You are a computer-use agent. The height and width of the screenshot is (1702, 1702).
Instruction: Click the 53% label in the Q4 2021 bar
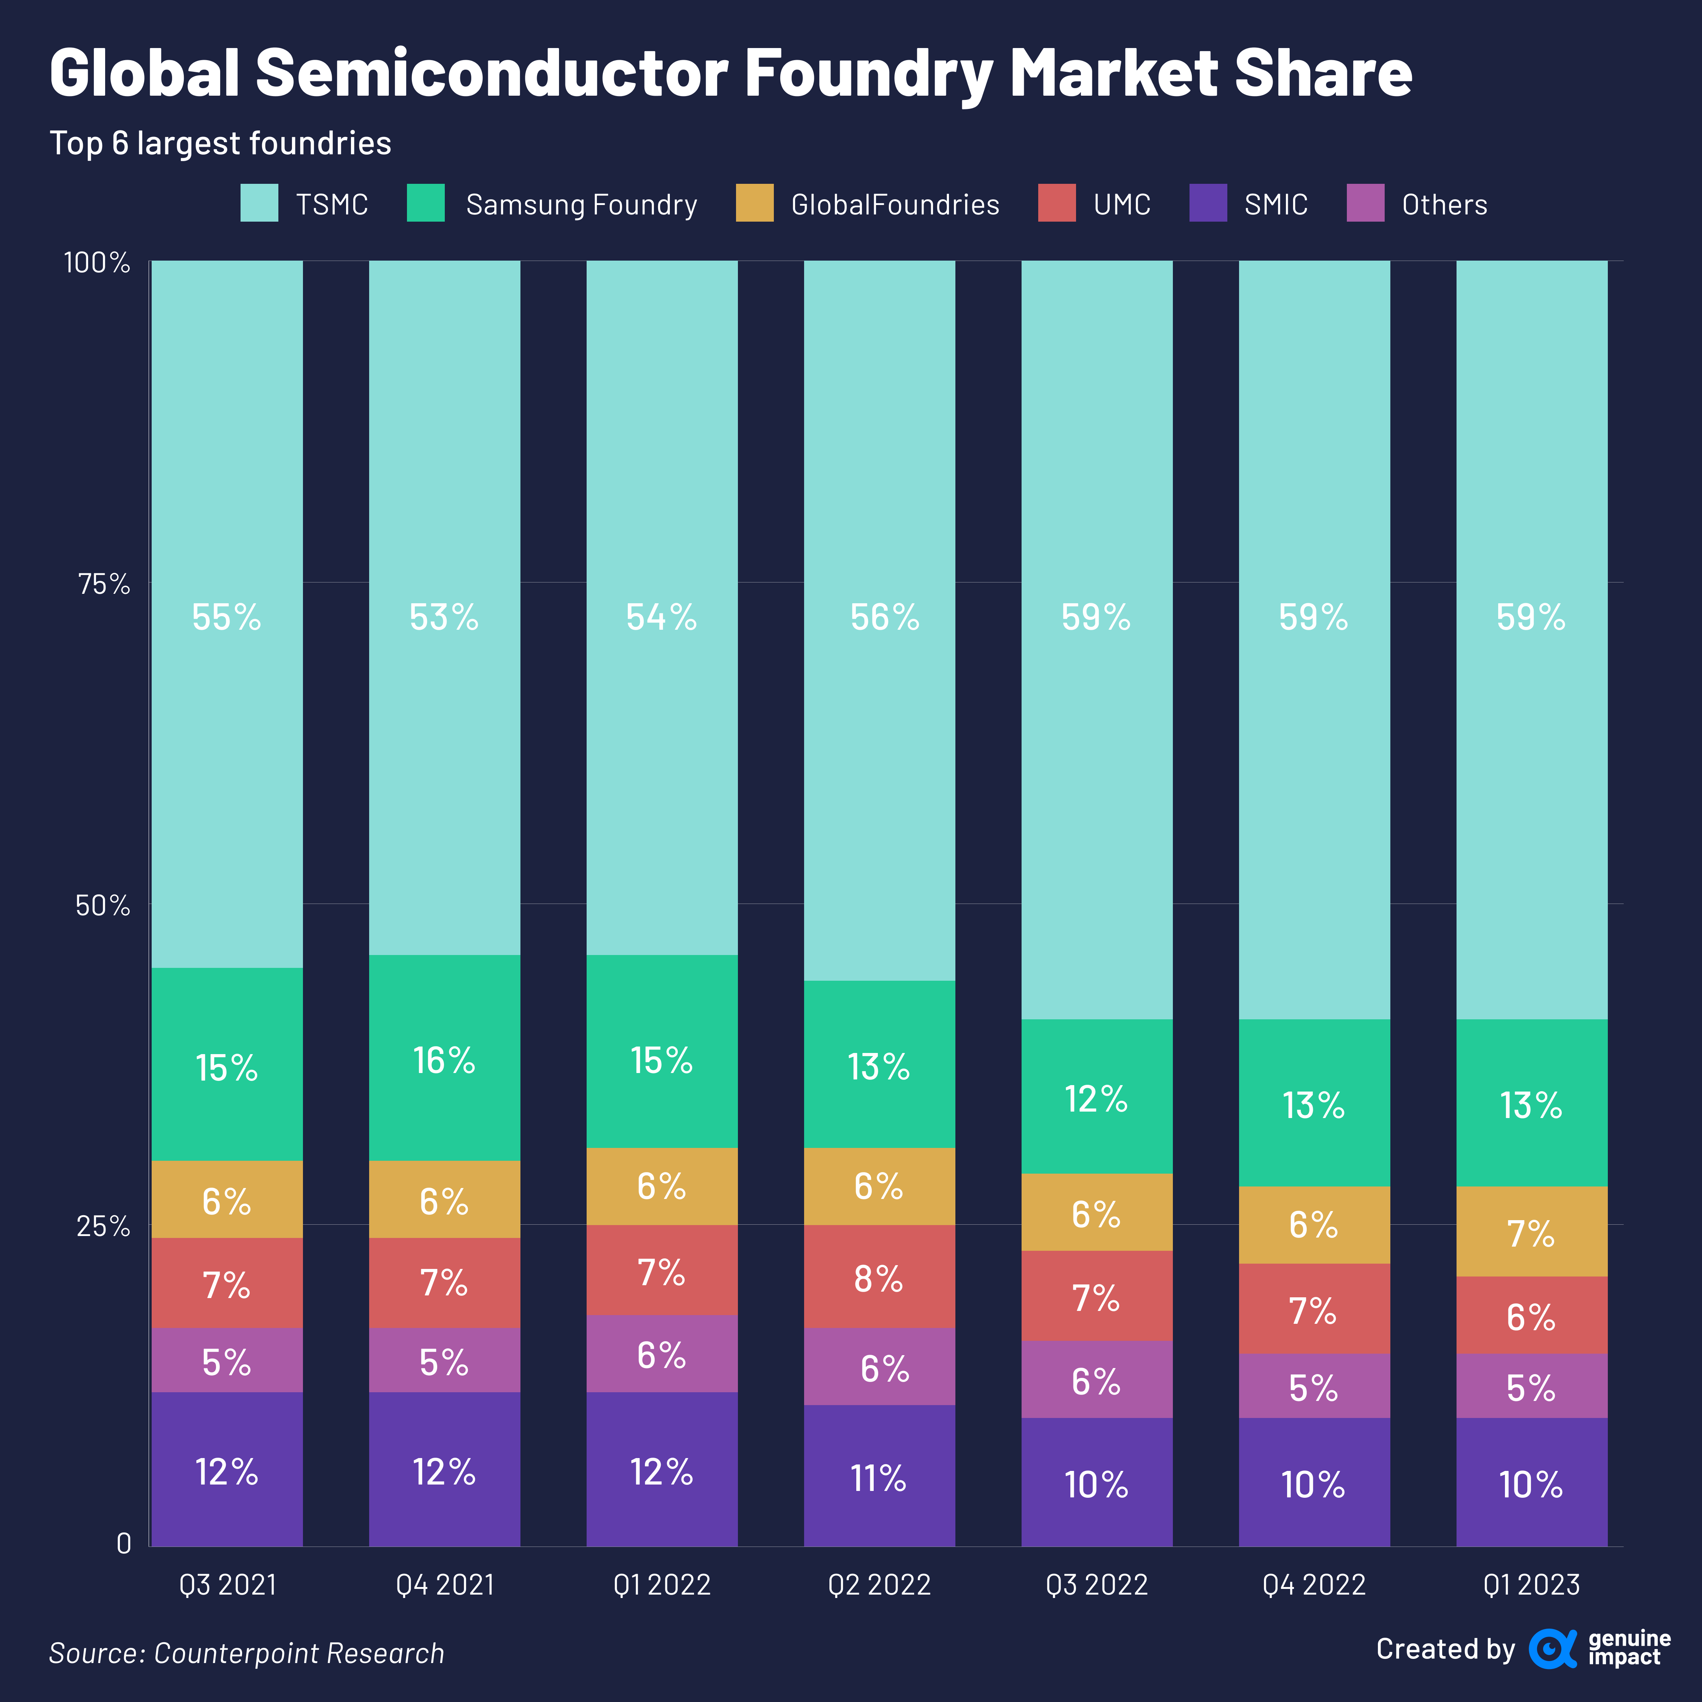(444, 618)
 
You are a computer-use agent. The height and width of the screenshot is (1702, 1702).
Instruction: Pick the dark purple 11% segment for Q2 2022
(879, 1477)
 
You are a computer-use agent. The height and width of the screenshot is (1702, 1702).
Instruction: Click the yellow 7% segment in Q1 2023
(1531, 1233)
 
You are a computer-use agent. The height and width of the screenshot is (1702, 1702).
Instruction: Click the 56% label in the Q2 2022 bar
(885, 618)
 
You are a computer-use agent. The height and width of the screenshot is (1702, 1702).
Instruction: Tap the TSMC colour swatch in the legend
(259, 203)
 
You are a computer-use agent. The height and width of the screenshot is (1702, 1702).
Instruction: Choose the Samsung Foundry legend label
(581, 204)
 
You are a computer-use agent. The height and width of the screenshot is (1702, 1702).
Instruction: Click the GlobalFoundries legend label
(895, 204)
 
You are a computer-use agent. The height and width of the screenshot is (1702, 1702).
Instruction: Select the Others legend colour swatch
(1365, 203)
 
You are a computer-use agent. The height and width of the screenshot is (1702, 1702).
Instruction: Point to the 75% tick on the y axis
(104, 583)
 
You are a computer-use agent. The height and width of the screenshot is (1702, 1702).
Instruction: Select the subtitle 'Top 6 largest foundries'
(220, 143)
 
